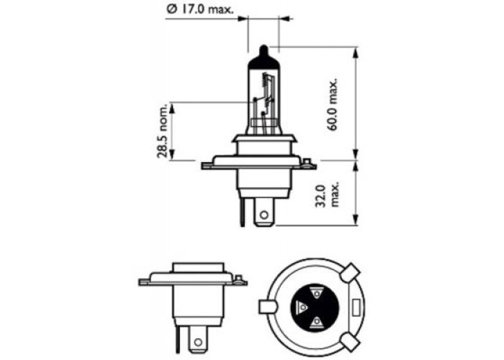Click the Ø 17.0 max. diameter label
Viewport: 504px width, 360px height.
click(x=200, y=9)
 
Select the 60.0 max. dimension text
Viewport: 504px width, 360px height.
click(x=333, y=104)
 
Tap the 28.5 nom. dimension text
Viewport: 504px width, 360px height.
click(x=163, y=131)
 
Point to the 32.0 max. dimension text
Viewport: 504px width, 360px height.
click(x=327, y=195)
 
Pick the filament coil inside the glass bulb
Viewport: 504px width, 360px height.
click(x=265, y=80)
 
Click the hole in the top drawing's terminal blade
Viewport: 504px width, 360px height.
click(x=264, y=215)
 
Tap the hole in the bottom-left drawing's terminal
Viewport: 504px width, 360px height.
click(x=198, y=342)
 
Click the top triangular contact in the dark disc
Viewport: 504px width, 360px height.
click(x=317, y=293)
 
